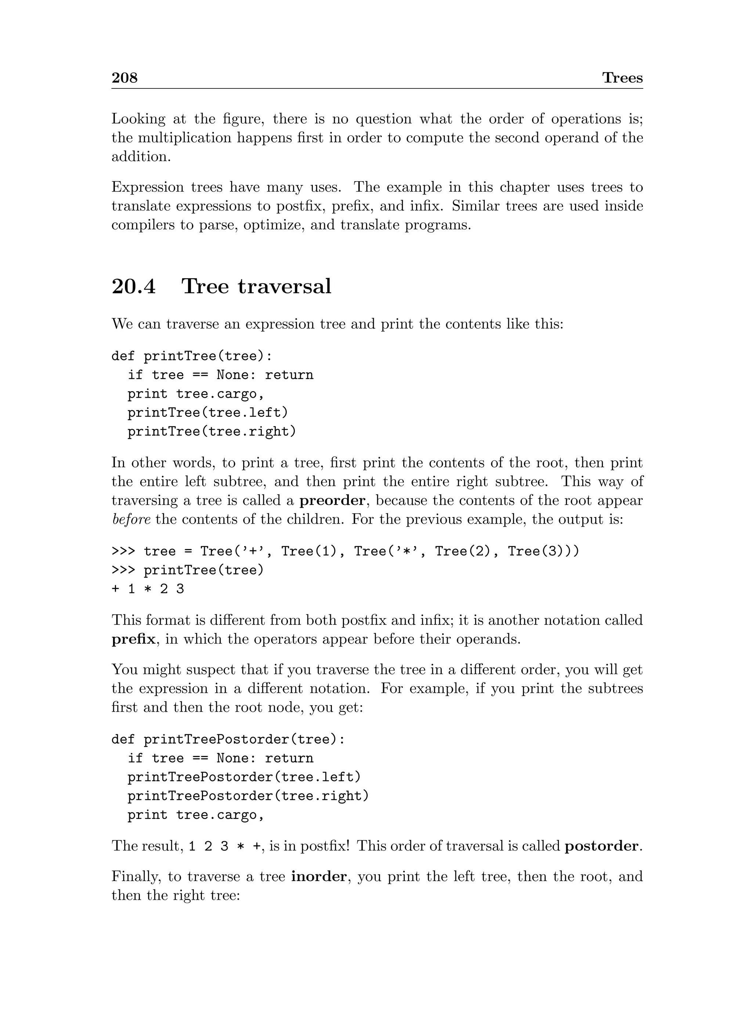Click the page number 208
124,78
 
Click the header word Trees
622,78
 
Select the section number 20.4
133,287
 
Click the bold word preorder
332,501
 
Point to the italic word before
131,520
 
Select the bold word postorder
602,846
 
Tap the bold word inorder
319,877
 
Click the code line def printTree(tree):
192,356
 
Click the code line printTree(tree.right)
211,431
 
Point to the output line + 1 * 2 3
148,589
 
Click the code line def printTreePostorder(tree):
228,740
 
